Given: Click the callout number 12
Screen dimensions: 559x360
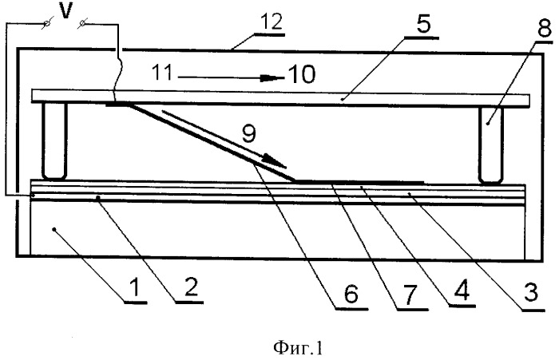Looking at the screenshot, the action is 272,22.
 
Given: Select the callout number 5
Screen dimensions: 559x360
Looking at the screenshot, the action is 423,24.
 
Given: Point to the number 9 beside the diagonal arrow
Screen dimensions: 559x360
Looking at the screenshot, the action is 248,135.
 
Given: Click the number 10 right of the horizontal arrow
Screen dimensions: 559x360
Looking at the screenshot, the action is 302,74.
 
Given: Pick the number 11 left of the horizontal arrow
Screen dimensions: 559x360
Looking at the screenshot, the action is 162,72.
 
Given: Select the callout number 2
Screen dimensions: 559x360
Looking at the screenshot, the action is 191,287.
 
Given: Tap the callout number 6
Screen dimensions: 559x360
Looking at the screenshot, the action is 351,294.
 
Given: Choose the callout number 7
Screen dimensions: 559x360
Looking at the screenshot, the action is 409,295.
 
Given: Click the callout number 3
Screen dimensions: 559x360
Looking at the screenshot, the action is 530,293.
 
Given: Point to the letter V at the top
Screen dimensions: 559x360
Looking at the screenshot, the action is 65,11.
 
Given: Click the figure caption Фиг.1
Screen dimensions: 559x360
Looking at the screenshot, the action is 298,348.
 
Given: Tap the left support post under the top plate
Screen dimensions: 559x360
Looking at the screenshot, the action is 54,140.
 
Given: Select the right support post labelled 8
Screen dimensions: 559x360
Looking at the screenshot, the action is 491,144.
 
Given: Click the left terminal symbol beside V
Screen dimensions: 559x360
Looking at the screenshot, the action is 47,23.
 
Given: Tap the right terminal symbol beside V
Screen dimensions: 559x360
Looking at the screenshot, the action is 82,23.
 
